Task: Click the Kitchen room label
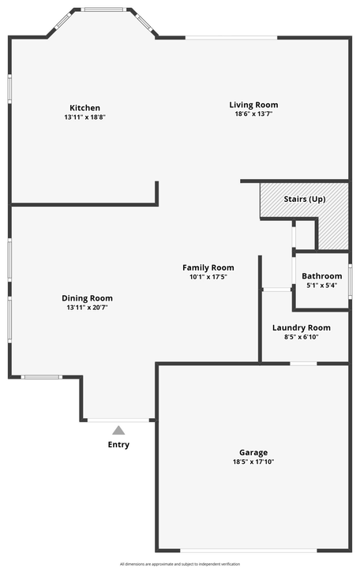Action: point(84,107)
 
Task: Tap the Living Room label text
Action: point(253,104)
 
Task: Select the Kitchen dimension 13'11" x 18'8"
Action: point(84,117)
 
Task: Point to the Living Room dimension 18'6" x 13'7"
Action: point(253,114)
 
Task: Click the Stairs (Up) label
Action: point(305,199)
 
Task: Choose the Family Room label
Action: point(208,267)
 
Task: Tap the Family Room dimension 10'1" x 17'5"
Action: point(208,277)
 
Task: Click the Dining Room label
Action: point(87,297)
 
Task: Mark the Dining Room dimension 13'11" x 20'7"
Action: point(87,307)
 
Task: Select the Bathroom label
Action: point(321,276)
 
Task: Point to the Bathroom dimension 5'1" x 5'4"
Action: point(321,286)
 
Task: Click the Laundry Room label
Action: point(301,327)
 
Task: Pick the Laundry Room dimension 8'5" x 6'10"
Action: point(301,337)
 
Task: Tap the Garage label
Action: point(253,452)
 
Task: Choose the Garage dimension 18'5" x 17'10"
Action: point(253,461)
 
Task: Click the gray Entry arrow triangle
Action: point(118,430)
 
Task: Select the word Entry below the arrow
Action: point(118,444)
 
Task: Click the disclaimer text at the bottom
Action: point(180,563)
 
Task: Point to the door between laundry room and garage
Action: point(303,363)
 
